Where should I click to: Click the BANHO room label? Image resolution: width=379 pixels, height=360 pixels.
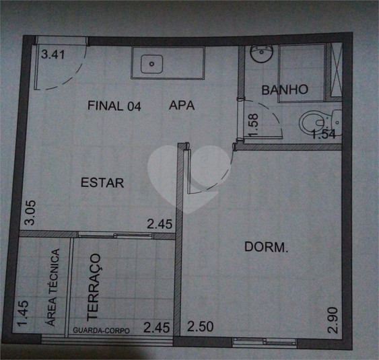285,89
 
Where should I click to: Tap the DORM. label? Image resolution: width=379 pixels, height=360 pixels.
266,247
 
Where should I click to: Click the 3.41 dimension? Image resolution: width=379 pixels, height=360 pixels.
53,55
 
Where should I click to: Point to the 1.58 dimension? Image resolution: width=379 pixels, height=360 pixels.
253,125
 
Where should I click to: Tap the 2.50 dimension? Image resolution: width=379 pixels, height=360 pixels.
200,328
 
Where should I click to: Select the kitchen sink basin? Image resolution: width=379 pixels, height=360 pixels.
153,64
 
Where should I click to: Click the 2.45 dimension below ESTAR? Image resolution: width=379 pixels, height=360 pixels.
161,225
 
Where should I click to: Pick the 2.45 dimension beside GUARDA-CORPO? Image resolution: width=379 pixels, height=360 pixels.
156,328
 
